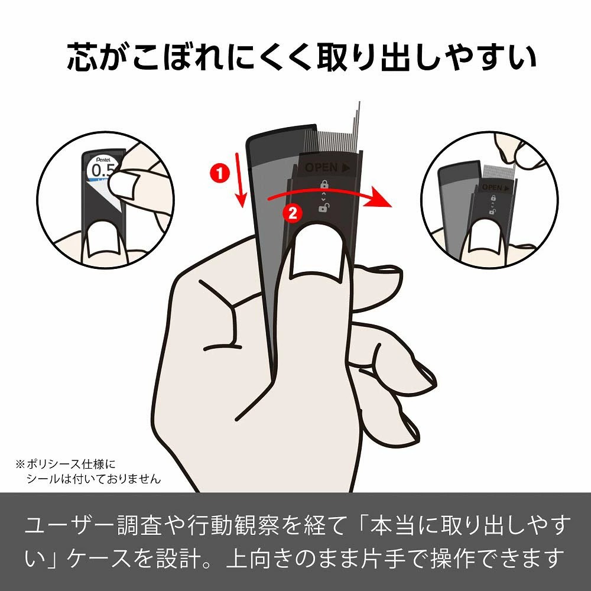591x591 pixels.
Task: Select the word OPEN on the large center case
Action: pos(321,168)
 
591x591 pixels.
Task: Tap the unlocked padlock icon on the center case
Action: pos(323,207)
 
